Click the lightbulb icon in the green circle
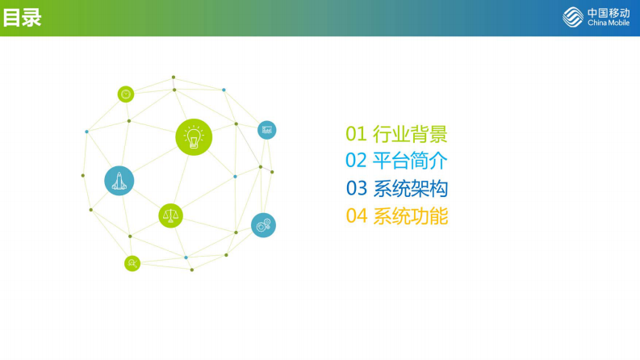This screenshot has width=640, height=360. (x=194, y=137)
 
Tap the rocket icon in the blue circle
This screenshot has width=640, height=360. (x=119, y=181)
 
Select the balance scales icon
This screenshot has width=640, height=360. (x=170, y=216)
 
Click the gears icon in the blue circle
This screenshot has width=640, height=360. (x=263, y=225)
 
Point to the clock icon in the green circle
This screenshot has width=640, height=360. (x=126, y=94)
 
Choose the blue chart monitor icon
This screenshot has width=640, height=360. (x=266, y=130)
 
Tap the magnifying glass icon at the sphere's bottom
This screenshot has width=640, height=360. (x=132, y=263)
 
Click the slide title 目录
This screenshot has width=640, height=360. (x=23, y=18)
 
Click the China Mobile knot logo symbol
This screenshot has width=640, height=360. (x=573, y=17)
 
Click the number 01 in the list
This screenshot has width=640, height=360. (x=356, y=134)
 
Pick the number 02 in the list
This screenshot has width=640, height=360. (x=356, y=161)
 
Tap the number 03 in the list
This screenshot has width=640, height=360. (x=356, y=189)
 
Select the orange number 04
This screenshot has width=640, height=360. (x=356, y=216)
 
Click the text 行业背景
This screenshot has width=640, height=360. (x=410, y=134)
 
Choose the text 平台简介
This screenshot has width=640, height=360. (x=410, y=161)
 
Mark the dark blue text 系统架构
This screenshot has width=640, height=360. (x=410, y=189)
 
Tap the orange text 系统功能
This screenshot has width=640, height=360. (x=410, y=216)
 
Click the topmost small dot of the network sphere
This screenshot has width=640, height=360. (x=173, y=77)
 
